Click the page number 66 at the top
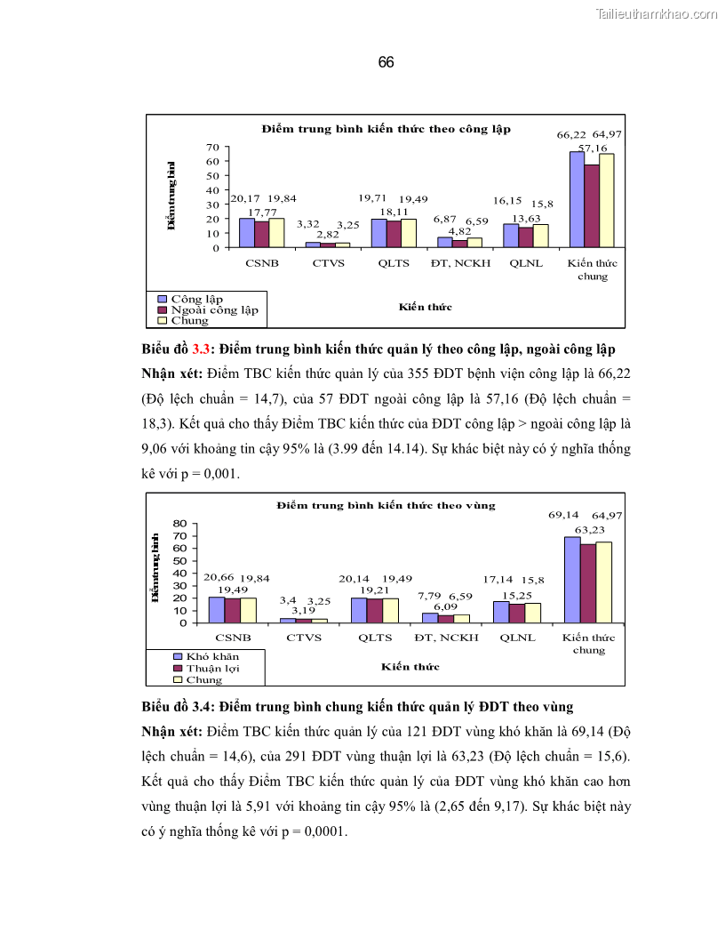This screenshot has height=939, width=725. pos(386,63)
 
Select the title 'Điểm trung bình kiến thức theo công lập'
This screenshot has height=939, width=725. pos(386,129)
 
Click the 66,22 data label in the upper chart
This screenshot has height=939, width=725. pos(571,135)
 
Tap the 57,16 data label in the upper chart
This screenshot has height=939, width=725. pos(593,148)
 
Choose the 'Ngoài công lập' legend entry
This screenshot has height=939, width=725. pos(214,309)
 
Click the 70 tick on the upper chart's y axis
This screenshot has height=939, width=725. pos(212,147)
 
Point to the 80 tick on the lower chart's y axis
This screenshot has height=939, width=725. pos(181,523)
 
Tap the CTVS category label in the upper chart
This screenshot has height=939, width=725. pos(327,263)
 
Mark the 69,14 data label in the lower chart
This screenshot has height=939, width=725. pos(563,514)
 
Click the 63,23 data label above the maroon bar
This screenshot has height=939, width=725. pos(588,529)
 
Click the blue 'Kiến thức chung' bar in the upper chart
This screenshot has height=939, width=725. pos(577,199)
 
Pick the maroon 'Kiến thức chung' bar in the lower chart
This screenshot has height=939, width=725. pos(588,583)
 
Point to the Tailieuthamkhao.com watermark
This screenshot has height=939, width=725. pos(657,13)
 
